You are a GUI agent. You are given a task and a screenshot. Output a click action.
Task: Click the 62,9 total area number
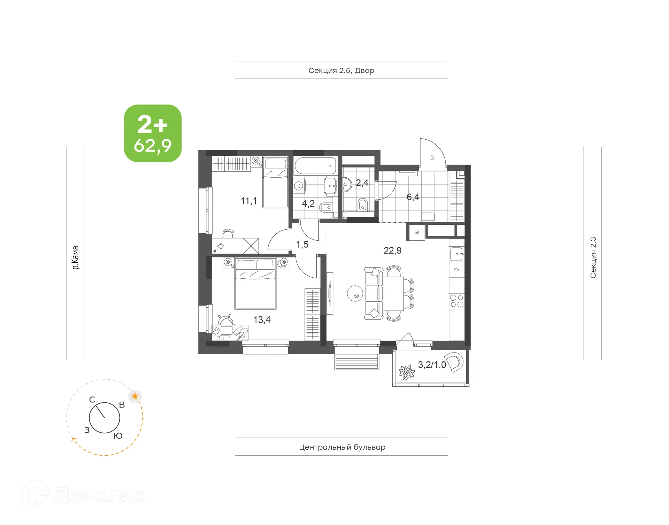(153, 146)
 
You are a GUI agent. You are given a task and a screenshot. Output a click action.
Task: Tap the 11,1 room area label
(249, 201)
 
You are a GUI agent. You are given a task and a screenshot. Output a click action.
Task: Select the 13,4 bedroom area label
(262, 319)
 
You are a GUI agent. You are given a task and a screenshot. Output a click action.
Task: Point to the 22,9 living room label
(392, 250)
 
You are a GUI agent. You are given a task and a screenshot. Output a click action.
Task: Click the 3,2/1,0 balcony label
(432, 364)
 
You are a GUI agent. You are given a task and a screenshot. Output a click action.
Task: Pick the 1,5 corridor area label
(302, 244)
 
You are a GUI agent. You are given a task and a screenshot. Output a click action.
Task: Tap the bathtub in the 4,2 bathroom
(315, 166)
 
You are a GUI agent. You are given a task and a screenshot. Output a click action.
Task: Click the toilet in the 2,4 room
(362, 205)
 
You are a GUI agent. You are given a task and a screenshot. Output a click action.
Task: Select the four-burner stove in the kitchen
(456, 301)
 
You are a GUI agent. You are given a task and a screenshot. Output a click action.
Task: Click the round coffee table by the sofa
(355, 294)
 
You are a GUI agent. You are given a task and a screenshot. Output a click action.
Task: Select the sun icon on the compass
(135, 396)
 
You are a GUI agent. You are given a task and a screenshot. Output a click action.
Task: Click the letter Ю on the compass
(118, 436)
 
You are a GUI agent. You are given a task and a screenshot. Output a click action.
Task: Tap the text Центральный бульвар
(342, 447)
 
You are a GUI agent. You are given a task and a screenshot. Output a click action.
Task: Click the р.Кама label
(75, 257)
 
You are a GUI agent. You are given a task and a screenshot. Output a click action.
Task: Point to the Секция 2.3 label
(593, 257)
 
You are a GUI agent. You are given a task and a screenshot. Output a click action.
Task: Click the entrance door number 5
(432, 157)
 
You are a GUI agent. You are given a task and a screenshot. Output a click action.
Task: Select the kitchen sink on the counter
(456, 254)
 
